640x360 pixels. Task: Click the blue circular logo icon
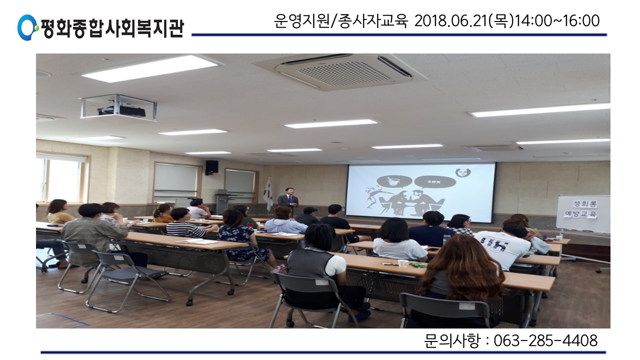27,27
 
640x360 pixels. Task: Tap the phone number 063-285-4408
545,340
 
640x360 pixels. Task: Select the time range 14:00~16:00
557,21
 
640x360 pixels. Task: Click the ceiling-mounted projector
119,107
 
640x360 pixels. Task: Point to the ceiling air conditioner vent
340,71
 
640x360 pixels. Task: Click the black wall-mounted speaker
211,167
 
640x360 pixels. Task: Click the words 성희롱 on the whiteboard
585,203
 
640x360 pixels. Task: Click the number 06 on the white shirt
496,245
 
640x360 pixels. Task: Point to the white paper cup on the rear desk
403,263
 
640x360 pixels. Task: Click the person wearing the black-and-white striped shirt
184,224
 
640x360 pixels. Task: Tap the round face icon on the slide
463,173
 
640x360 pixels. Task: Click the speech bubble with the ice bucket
394,182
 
